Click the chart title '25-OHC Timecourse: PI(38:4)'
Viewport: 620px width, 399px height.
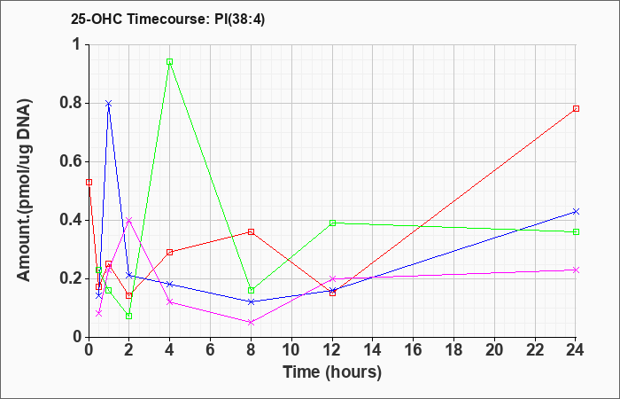(167, 19)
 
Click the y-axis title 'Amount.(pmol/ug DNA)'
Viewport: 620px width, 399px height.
(25, 190)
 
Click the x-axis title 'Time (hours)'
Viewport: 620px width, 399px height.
(332, 372)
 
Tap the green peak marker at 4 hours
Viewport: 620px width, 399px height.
(170, 62)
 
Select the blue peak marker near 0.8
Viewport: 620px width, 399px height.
(109, 104)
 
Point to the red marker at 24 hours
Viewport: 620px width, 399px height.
(576, 108)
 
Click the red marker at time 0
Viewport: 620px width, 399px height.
(89, 182)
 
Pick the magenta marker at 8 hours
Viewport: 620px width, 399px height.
(251, 322)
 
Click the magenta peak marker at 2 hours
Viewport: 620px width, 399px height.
(129, 220)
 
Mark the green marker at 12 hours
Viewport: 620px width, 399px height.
(332, 223)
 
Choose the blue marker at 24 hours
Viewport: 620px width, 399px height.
(576, 211)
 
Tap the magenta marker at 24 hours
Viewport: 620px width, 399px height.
(576, 270)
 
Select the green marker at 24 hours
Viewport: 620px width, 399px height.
(576, 231)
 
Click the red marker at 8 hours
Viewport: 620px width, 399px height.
(251, 231)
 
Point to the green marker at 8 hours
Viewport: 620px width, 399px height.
(251, 290)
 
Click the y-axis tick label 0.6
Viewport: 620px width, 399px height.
(70, 162)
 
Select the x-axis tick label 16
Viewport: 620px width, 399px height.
(414, 350)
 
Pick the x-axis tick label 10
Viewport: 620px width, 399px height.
(291, 350)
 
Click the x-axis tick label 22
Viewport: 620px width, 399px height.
(535, 350)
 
